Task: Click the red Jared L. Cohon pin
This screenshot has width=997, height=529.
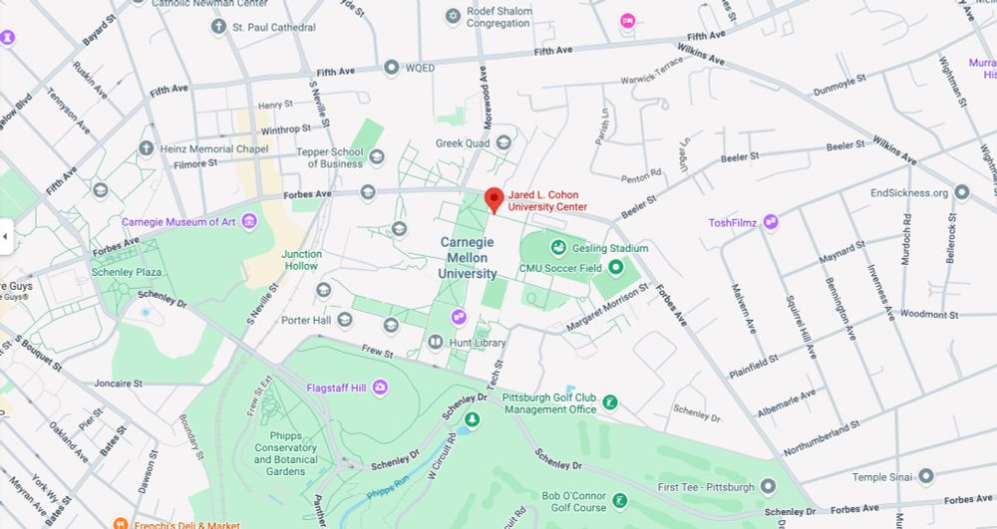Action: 494,198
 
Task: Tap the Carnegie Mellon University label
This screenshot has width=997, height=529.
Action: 468,258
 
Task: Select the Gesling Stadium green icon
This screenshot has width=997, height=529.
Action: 558,248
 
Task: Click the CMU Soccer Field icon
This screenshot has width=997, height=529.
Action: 616,267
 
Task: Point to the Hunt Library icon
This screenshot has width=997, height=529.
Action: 436,343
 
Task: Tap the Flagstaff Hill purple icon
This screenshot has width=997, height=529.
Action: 380,388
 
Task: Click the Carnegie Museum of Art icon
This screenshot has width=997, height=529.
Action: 249,221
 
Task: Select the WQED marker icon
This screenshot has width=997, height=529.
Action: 392,68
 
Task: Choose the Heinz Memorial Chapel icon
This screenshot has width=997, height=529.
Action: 146,149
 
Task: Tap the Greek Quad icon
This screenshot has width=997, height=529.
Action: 503,142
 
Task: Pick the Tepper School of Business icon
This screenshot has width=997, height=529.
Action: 377,156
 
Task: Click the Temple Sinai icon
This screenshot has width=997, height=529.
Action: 926,477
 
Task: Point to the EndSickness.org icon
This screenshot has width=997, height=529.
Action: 961,192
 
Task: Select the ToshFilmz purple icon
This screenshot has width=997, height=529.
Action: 771,222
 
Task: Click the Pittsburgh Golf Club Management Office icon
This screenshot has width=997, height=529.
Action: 610,402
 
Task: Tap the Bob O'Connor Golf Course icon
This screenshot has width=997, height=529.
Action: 619,500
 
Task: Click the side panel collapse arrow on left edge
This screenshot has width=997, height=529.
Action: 5,236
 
